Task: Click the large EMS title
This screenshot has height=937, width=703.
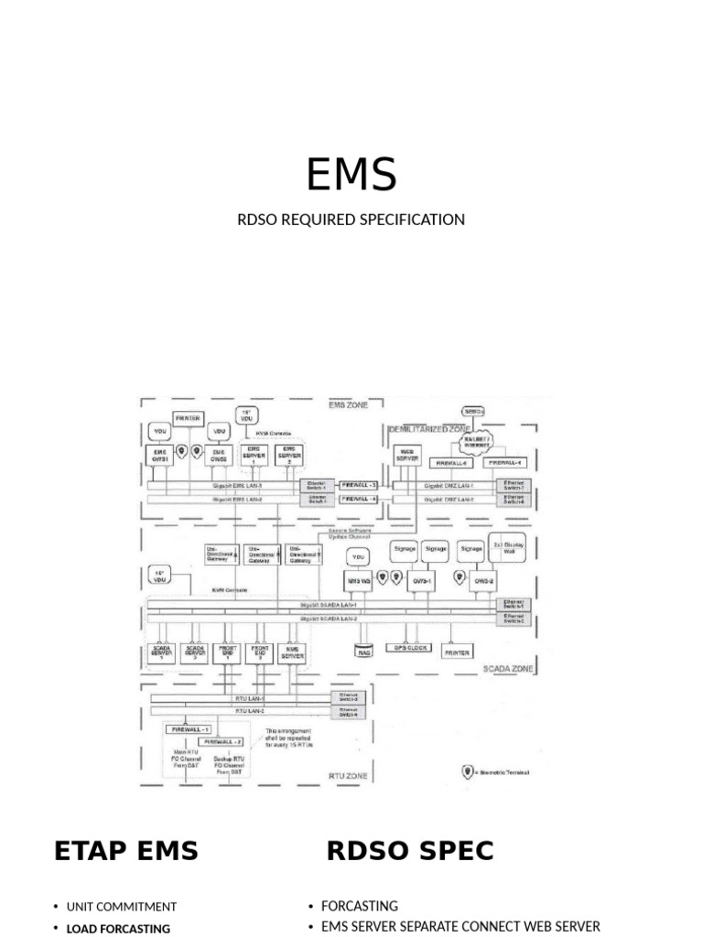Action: tap(351, 174)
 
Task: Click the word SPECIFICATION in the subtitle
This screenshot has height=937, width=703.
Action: tap(412, 220)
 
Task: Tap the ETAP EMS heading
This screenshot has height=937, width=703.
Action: tap(126, 851)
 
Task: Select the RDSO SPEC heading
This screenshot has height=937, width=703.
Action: tap(410, 851)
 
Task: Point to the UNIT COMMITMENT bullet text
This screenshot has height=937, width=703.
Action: tap(122, 907)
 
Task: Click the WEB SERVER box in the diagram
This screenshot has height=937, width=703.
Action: tap(406, 454)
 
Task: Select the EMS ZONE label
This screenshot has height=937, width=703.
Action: tap(351, 404)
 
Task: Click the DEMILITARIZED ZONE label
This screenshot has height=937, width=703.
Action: tap(429, 428)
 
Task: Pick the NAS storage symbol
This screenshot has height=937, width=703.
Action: tap(364, 652)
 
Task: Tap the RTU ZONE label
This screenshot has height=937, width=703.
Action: tap(347, 776)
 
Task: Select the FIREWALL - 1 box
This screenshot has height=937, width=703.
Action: tap(189, 729)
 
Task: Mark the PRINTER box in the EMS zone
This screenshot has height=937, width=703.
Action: tap(188, 418)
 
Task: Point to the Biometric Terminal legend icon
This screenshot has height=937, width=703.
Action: tap(467, 772)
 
